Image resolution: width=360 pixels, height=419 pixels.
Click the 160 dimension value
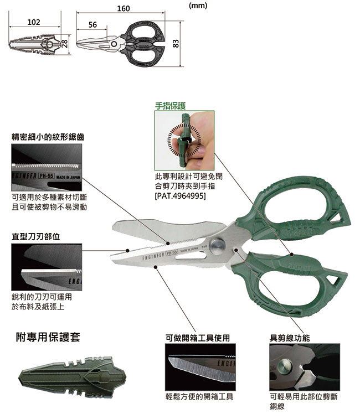[x=124, y=8]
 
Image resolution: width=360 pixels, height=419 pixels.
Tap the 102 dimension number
[x=34, y=22]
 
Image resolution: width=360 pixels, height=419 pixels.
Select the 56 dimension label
[x=92, y=24]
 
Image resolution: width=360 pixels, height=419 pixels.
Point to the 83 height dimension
[x=176, y=43]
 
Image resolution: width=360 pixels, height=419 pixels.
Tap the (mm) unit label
[x=198, y=6]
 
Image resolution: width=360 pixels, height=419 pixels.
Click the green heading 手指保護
[x=171, y=106]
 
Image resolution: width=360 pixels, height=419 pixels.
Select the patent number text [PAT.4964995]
[x=181, y=196]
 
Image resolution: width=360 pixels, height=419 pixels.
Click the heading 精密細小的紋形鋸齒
[x=48, y=137]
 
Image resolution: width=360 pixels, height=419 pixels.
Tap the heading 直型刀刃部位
[x=36, y=236]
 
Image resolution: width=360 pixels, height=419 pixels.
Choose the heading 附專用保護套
[x=48, y=337]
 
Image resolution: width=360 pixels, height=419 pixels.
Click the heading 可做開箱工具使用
[x=198, y=338]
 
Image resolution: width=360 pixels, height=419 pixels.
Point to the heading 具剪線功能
[x=290, y=338]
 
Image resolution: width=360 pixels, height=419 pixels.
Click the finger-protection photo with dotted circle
[x=184, y=141]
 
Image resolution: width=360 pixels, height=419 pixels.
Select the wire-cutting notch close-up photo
[x=305, y=367]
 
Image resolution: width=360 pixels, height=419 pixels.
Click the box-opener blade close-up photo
[x=200, y=367]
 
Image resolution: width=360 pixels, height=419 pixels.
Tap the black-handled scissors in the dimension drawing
[x=121, y=44]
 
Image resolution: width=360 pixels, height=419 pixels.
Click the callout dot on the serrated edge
[x=168, y=243]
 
